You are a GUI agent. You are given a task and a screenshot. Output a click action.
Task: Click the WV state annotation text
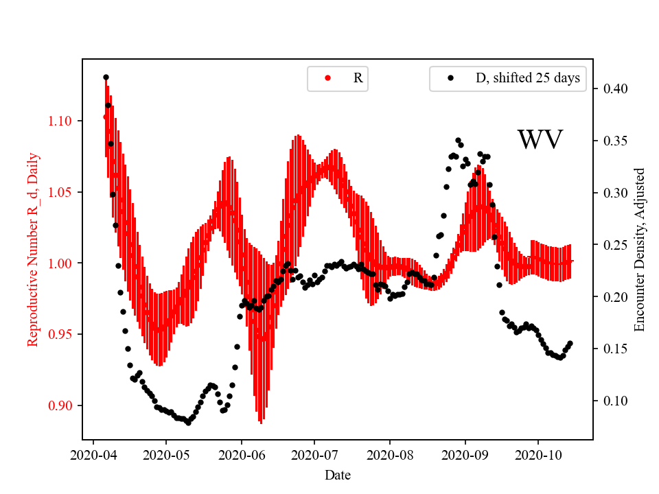tap(540, 140)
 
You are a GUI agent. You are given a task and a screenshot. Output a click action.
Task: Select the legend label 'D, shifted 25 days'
tap(528, 78)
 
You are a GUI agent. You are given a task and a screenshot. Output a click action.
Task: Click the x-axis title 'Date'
tap(337, 474)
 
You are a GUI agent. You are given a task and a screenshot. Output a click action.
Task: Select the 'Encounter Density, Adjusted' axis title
tap(640, 250)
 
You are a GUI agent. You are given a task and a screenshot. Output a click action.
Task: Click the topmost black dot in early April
tap(106, 77)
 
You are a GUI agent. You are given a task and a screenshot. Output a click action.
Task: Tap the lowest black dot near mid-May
tap(188, 423)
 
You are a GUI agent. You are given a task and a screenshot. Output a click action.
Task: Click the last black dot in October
tap(570, 344)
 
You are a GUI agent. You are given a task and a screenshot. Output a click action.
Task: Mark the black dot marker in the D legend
tap(450, 78)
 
